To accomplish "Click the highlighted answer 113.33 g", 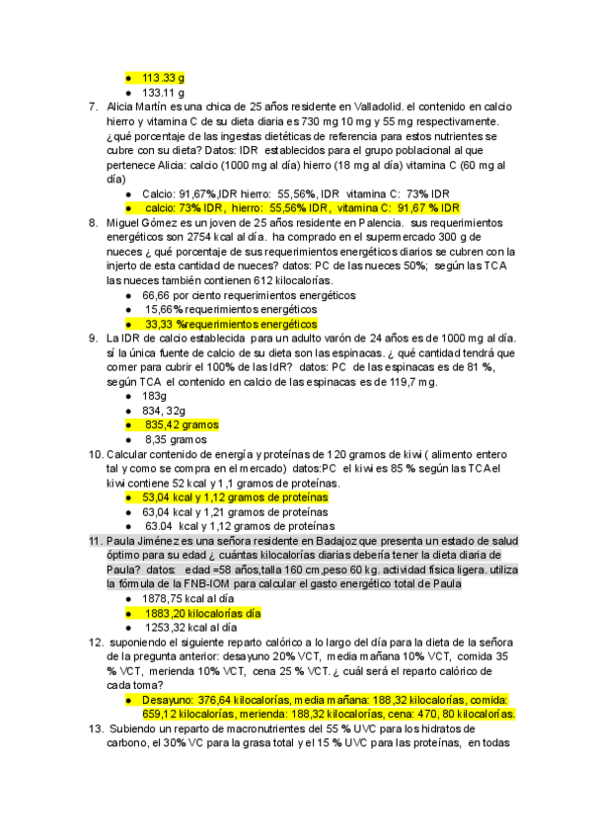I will (x=164, y=77).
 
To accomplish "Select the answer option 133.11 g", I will (x=164, y=92).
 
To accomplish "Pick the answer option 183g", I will (x=156, y=395).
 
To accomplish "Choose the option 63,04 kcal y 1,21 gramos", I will (x=235, y=512).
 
